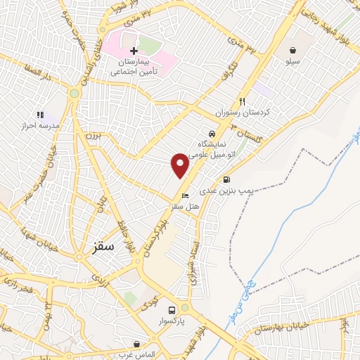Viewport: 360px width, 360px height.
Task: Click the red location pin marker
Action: click(180, 165)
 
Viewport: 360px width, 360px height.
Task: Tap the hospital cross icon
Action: click(134, 51)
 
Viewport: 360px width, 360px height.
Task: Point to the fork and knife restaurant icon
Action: click(243, 101)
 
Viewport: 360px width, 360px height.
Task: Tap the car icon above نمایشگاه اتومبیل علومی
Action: click(211, 134)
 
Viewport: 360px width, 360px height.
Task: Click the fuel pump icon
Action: click(226, 179)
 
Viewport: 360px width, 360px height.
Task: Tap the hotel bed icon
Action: click(186, 195)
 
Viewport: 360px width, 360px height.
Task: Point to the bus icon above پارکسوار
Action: click(172, 309)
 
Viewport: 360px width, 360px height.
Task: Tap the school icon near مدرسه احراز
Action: click(39, 115)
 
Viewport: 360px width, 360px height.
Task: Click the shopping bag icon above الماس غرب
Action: click(137, 345)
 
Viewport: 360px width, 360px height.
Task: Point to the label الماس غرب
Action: click(137, 355)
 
